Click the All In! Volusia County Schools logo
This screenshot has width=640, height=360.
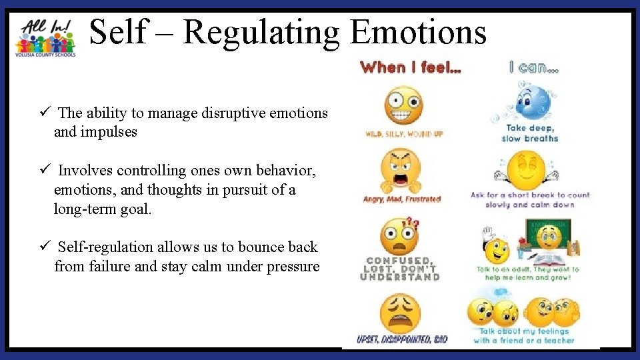45,37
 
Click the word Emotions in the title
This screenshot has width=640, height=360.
418,33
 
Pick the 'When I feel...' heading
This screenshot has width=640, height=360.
409,67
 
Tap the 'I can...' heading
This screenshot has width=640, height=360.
533,67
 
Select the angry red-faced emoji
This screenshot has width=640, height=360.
401,171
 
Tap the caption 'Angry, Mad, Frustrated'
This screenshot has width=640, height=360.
402,199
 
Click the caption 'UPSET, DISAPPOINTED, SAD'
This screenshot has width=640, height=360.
402,340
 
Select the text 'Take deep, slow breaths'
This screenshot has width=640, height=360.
531,133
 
